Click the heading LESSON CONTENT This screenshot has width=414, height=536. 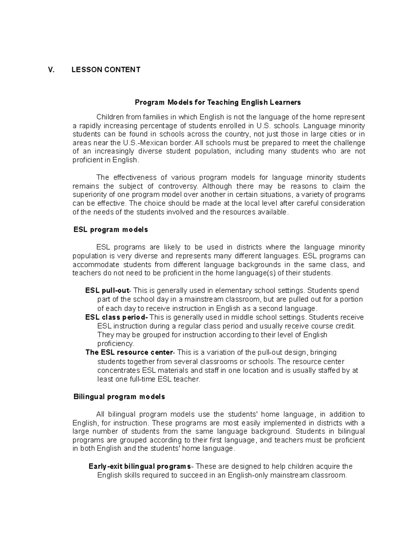(x=106, y=70)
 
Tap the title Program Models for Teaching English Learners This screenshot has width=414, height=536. (x=218, y=103)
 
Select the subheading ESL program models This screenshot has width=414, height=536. (x=111, y=230)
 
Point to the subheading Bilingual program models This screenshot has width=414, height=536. (x=119, y=397)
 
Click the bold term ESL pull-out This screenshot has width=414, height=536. (x=107, y=291)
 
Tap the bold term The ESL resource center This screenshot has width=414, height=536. (x=129, y=353)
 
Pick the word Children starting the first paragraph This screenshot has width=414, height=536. (x=110, y=117)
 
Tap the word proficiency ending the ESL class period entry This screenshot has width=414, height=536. (x=115, y=344)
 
